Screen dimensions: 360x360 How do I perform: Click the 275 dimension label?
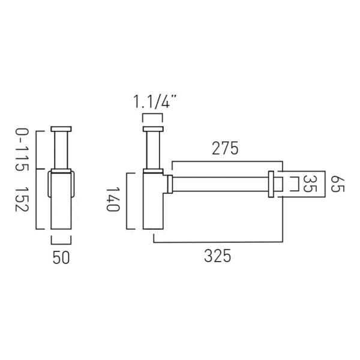[225, 149]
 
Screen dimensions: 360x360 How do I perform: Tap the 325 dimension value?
[217, 256]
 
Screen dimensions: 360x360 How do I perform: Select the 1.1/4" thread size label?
[155, 102]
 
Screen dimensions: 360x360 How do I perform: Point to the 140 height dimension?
[113, 199]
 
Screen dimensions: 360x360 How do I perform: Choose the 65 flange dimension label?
[337, 184]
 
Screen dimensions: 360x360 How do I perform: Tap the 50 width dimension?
[61, 257]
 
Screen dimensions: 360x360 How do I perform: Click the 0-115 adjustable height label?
[22, 149]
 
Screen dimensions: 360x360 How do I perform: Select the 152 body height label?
[22, 199]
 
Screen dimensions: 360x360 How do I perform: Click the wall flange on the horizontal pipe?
[271, 184]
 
